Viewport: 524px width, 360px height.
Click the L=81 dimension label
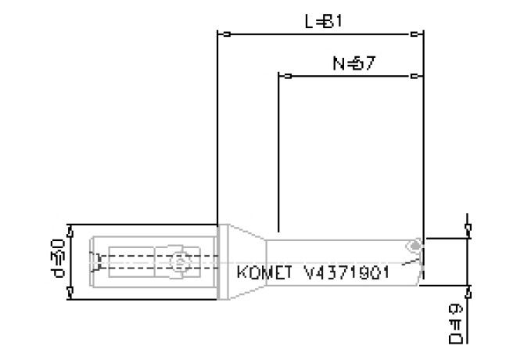[323, 22]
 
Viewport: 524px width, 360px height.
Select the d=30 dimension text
[57, 261]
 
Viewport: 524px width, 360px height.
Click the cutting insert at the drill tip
[414, 247]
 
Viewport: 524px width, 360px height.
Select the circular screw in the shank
[179, 263]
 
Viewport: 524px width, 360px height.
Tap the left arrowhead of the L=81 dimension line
[224, 34]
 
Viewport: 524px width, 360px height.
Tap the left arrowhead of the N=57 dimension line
[286, 77]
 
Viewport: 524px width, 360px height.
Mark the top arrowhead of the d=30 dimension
[70, 229]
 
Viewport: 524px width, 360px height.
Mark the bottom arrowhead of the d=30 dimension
[70, 293]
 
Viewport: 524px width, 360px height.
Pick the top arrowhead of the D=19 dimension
[468, 229]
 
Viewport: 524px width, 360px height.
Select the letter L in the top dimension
[310, 22]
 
